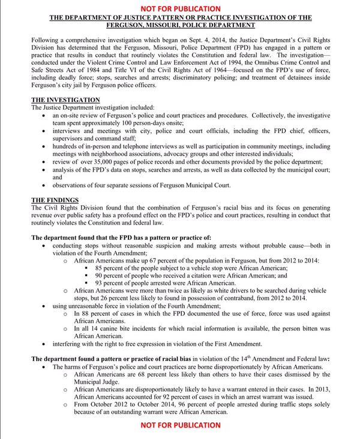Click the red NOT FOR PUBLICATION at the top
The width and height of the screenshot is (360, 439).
tap(180, 8)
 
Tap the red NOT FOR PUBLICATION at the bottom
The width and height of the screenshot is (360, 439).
tap(180, 425)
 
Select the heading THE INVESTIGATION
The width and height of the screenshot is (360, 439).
tap(65, 99)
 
